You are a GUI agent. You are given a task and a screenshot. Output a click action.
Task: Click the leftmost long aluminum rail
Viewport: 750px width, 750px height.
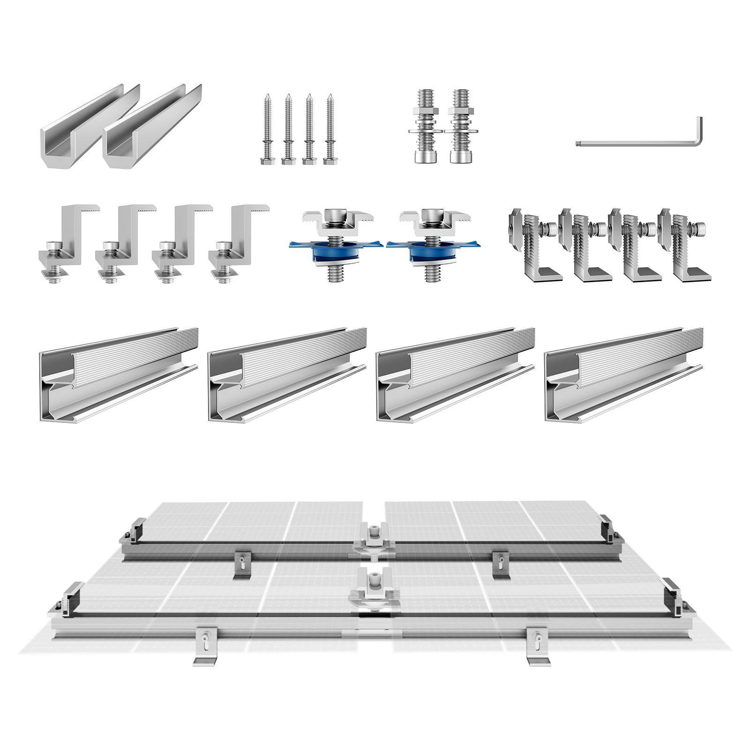(117, 375)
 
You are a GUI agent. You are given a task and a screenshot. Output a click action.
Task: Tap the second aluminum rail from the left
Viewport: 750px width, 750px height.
(286, 375)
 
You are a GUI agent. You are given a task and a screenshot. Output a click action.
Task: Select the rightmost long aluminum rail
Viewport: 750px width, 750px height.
(623, 375)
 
